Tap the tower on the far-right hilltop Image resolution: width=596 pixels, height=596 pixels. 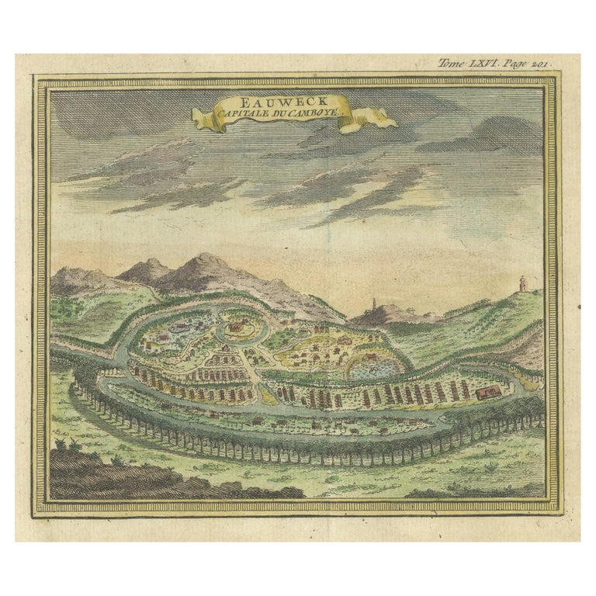pyautogui.click(x=523, y=284)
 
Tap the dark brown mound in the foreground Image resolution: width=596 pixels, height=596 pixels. pyautogui.click(x=140, y=473)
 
